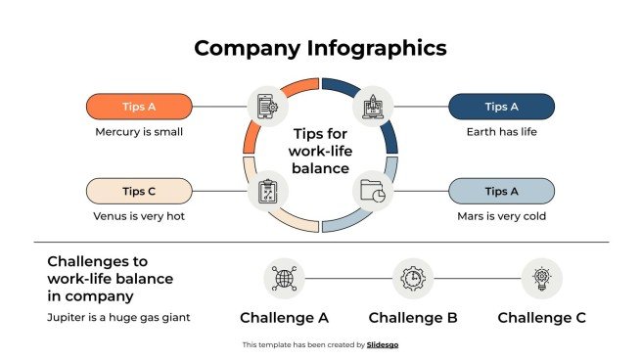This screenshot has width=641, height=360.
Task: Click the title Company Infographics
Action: [x=320, y=47]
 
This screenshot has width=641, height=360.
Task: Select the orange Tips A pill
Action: [x=139, y=107]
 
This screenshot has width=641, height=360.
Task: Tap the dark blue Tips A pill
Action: [x=501, y=107]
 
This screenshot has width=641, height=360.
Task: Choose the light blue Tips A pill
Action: [x=501, y=191]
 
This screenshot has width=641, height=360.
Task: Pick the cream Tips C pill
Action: [x=139, y=191]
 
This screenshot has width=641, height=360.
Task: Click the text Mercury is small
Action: [x=139, y=131]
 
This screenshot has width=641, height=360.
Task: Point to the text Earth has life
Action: [x=501, y=131]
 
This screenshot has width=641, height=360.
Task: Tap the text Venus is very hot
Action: [x=139, y=216]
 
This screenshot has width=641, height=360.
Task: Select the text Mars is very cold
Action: [x=501, y=216]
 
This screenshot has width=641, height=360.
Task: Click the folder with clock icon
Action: [x=373, y=191]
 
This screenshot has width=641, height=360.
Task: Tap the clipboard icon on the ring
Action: [x=266, y=191]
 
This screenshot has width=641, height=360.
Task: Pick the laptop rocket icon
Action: [x=373, y=104]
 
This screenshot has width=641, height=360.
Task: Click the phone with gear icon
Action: [x=266, y=105]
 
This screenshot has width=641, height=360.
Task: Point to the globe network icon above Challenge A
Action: [x=284, y=279]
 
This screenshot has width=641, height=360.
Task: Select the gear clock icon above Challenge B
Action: [x=413, y=279]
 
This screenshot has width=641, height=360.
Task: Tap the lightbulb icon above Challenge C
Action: [x=541, y=279]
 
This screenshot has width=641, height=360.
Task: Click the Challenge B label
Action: [x=413, y=317]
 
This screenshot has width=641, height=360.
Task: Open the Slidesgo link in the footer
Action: [x=383, y=344]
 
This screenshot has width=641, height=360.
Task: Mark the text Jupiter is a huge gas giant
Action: [x=116, y=317]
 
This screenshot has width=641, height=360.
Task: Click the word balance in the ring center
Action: [x=320, y=168]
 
